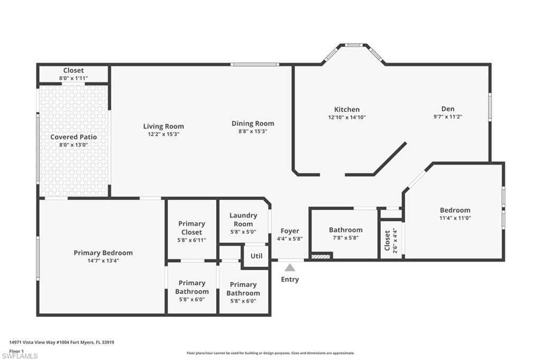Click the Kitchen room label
tap(347, 109)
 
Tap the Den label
tap(448, 109)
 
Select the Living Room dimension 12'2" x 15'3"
tap(164, 134)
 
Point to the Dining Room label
tap(253, 124)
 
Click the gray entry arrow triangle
tap(290, 268)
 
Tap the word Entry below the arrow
tap(290, 279)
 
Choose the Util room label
tap(256, 256)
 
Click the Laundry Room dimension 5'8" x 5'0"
tap(243, 232)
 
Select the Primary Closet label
tap(191, 228)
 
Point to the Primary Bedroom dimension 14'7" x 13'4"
tap(103, 261)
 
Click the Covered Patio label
tap(73, 137)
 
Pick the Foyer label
tap(290, 231)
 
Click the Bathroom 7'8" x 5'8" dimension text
tap(346, 238)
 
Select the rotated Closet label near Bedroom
tap(387, 240)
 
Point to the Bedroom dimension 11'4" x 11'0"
tap(455, 218)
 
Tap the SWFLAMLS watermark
tap(20, 356)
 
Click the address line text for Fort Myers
tap(62, 343)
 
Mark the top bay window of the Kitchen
tap(353, 45)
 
